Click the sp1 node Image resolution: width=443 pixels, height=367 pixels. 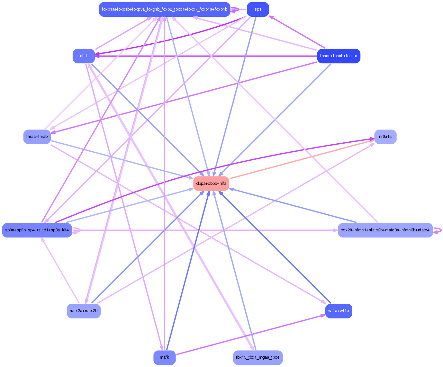point(258,9)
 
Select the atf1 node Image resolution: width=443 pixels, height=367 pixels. point(84,56)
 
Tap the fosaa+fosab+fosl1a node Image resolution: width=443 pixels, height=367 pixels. point(339,56)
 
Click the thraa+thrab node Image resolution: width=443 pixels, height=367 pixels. point(37,137)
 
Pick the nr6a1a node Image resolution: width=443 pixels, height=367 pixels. point(385,137)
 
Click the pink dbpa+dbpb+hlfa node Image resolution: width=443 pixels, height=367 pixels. point(211,183)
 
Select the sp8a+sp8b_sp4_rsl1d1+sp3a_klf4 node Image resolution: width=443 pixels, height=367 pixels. point(37,230)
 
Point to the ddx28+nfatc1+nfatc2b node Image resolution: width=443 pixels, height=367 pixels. point(385,230)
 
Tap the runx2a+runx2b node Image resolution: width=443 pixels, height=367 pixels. point(84,311)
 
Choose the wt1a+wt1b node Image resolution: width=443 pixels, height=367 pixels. point(339,311)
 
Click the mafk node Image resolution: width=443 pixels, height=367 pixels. point(164,357)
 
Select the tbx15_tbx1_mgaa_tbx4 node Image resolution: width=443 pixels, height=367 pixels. point(258,357)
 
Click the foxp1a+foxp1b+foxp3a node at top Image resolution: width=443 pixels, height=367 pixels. point(164,9)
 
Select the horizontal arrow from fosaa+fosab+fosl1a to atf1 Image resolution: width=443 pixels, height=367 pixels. point(206,56)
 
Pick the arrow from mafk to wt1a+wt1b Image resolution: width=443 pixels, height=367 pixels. point(251,335)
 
